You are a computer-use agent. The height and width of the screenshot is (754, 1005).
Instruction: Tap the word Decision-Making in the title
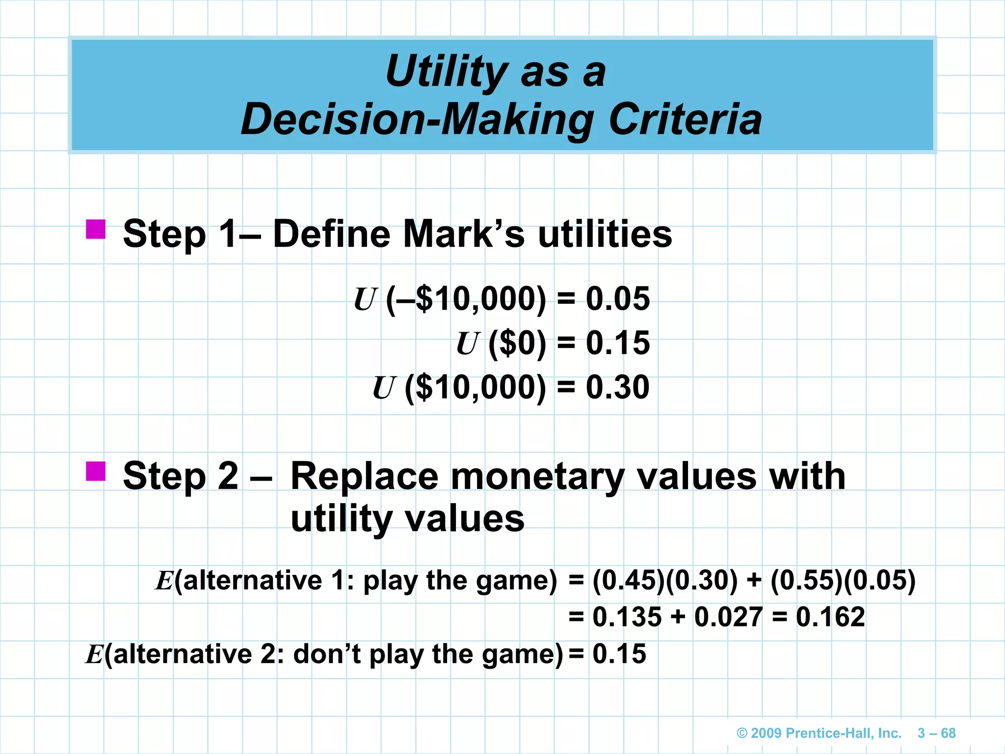click(x=417, y=120)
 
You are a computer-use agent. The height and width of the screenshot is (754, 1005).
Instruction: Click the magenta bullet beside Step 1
click(x=96, y=229)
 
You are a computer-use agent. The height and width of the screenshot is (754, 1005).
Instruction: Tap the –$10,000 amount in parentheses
click(x=466, y=298)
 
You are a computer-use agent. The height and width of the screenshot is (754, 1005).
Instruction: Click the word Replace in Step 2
click(x=364, y=476)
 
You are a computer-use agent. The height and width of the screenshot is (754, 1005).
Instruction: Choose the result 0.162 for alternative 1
click(x=830, y=617)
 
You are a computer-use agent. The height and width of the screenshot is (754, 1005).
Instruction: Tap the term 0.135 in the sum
click(x=627, y=617)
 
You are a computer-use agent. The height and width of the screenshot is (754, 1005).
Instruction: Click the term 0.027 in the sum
click(x=728, y=617)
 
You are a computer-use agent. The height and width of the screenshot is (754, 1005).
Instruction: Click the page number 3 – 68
click(x=936, y=733)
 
